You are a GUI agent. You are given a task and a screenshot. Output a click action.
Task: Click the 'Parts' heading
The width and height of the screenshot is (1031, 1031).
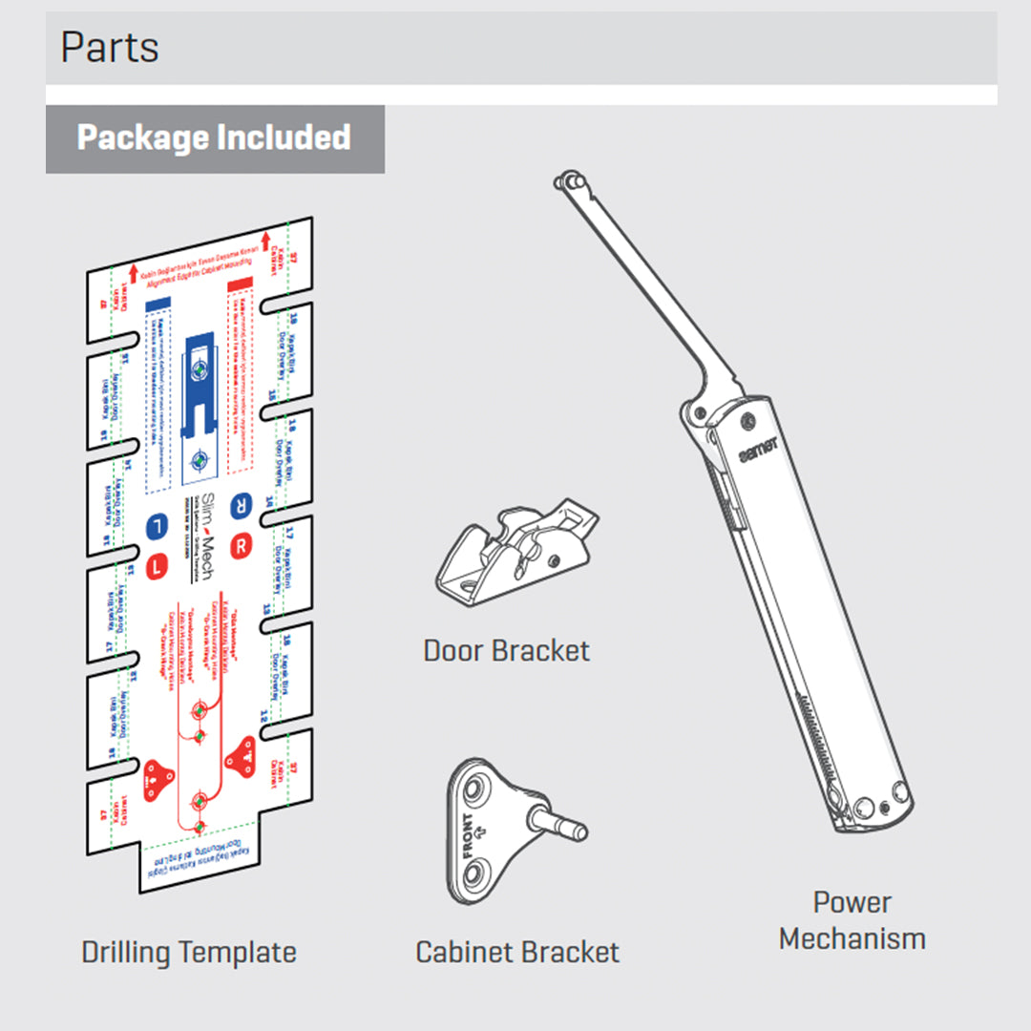110,48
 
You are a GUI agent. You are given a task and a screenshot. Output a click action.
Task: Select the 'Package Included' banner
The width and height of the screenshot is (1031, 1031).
215,138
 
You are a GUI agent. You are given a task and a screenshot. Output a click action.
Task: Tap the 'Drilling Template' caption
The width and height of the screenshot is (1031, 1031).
189,952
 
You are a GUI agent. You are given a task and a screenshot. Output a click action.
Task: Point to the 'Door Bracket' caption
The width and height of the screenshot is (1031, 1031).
507,651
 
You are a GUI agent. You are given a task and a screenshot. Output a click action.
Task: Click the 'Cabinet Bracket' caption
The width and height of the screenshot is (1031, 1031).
517,952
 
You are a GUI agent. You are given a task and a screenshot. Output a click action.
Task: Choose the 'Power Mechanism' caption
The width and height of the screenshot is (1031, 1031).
852,920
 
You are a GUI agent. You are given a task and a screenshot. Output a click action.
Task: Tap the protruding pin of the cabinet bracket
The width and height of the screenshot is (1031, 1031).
563,823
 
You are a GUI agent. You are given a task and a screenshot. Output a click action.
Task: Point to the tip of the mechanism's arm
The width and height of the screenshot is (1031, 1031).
571,179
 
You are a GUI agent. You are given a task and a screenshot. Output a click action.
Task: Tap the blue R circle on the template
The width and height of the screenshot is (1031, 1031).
242,504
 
